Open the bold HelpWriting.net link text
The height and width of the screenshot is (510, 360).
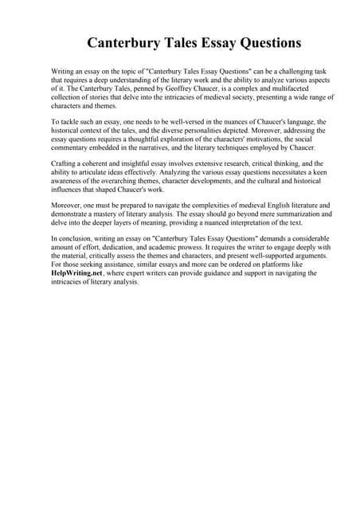coord(76,273)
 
